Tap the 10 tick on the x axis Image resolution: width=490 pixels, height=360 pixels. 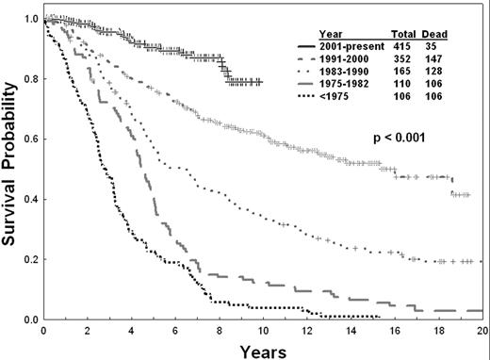tap(263, 331)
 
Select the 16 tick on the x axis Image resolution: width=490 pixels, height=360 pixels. tap(395, 331)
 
